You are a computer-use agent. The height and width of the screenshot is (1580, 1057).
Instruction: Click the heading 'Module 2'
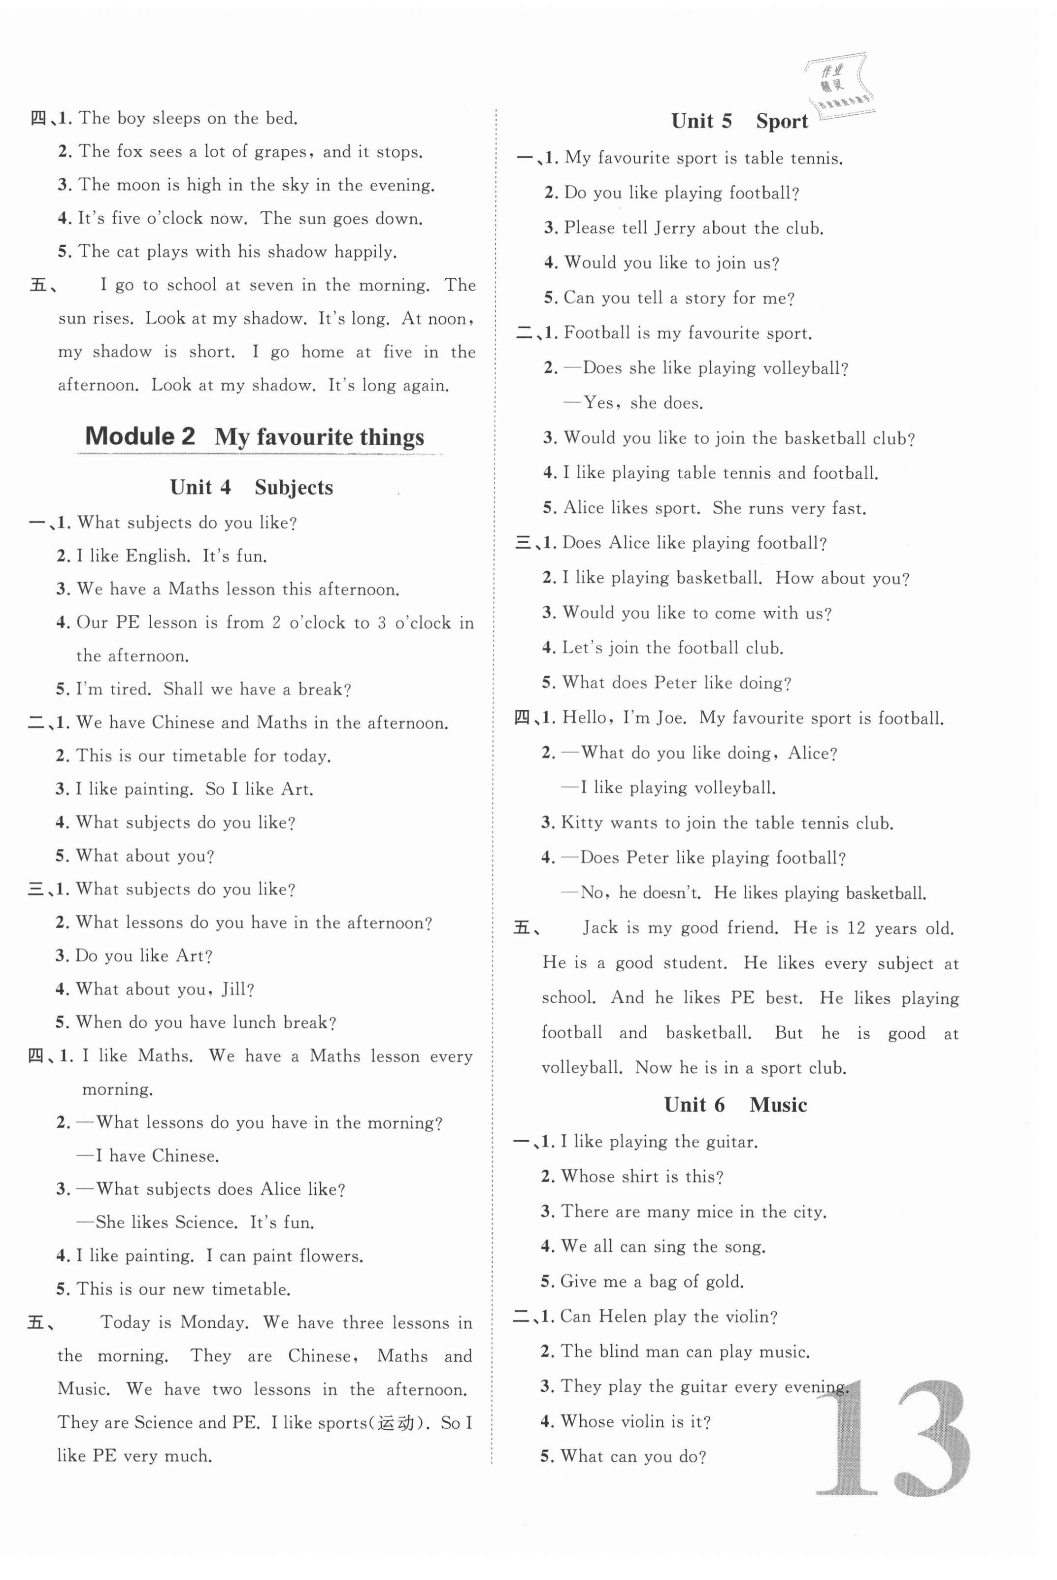point(140,437)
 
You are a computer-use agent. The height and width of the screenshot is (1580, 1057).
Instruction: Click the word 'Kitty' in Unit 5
point(582,823)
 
